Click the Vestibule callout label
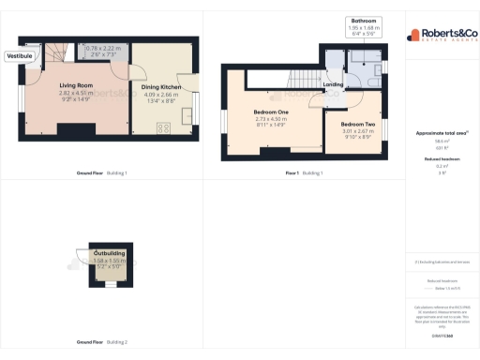[x=20, y=57]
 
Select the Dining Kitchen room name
[x=160, y=87]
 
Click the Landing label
[x=333, y=85]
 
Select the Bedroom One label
[x=270, y=112]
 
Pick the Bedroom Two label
[x=357, y=125]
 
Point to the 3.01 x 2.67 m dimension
[x=357, y=132]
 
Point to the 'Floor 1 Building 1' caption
[x=305, y=173]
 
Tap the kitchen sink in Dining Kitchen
[x=185, y=115]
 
